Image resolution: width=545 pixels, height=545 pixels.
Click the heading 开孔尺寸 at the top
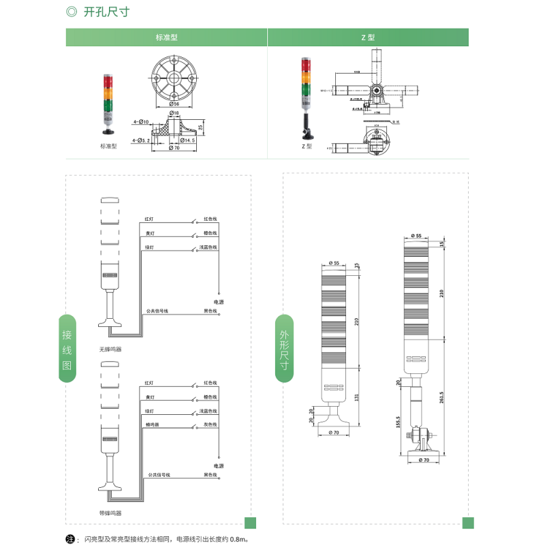pos(106,12)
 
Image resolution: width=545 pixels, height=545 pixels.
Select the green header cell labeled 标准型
pos(166,37)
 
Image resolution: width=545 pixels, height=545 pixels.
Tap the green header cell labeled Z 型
pos(368,37)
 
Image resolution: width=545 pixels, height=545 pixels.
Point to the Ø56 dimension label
pos(174,104)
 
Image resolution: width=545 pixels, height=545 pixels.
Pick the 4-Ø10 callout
pos(141,122)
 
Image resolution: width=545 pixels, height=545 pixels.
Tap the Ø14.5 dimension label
pos(188,140)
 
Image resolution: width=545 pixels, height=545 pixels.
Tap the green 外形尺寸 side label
pos(284,349)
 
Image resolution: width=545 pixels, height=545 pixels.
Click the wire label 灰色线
pos(210,424)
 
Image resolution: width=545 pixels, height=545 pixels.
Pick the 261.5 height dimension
pos(443,396)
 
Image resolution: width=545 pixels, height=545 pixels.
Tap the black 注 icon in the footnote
pos(70,539)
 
